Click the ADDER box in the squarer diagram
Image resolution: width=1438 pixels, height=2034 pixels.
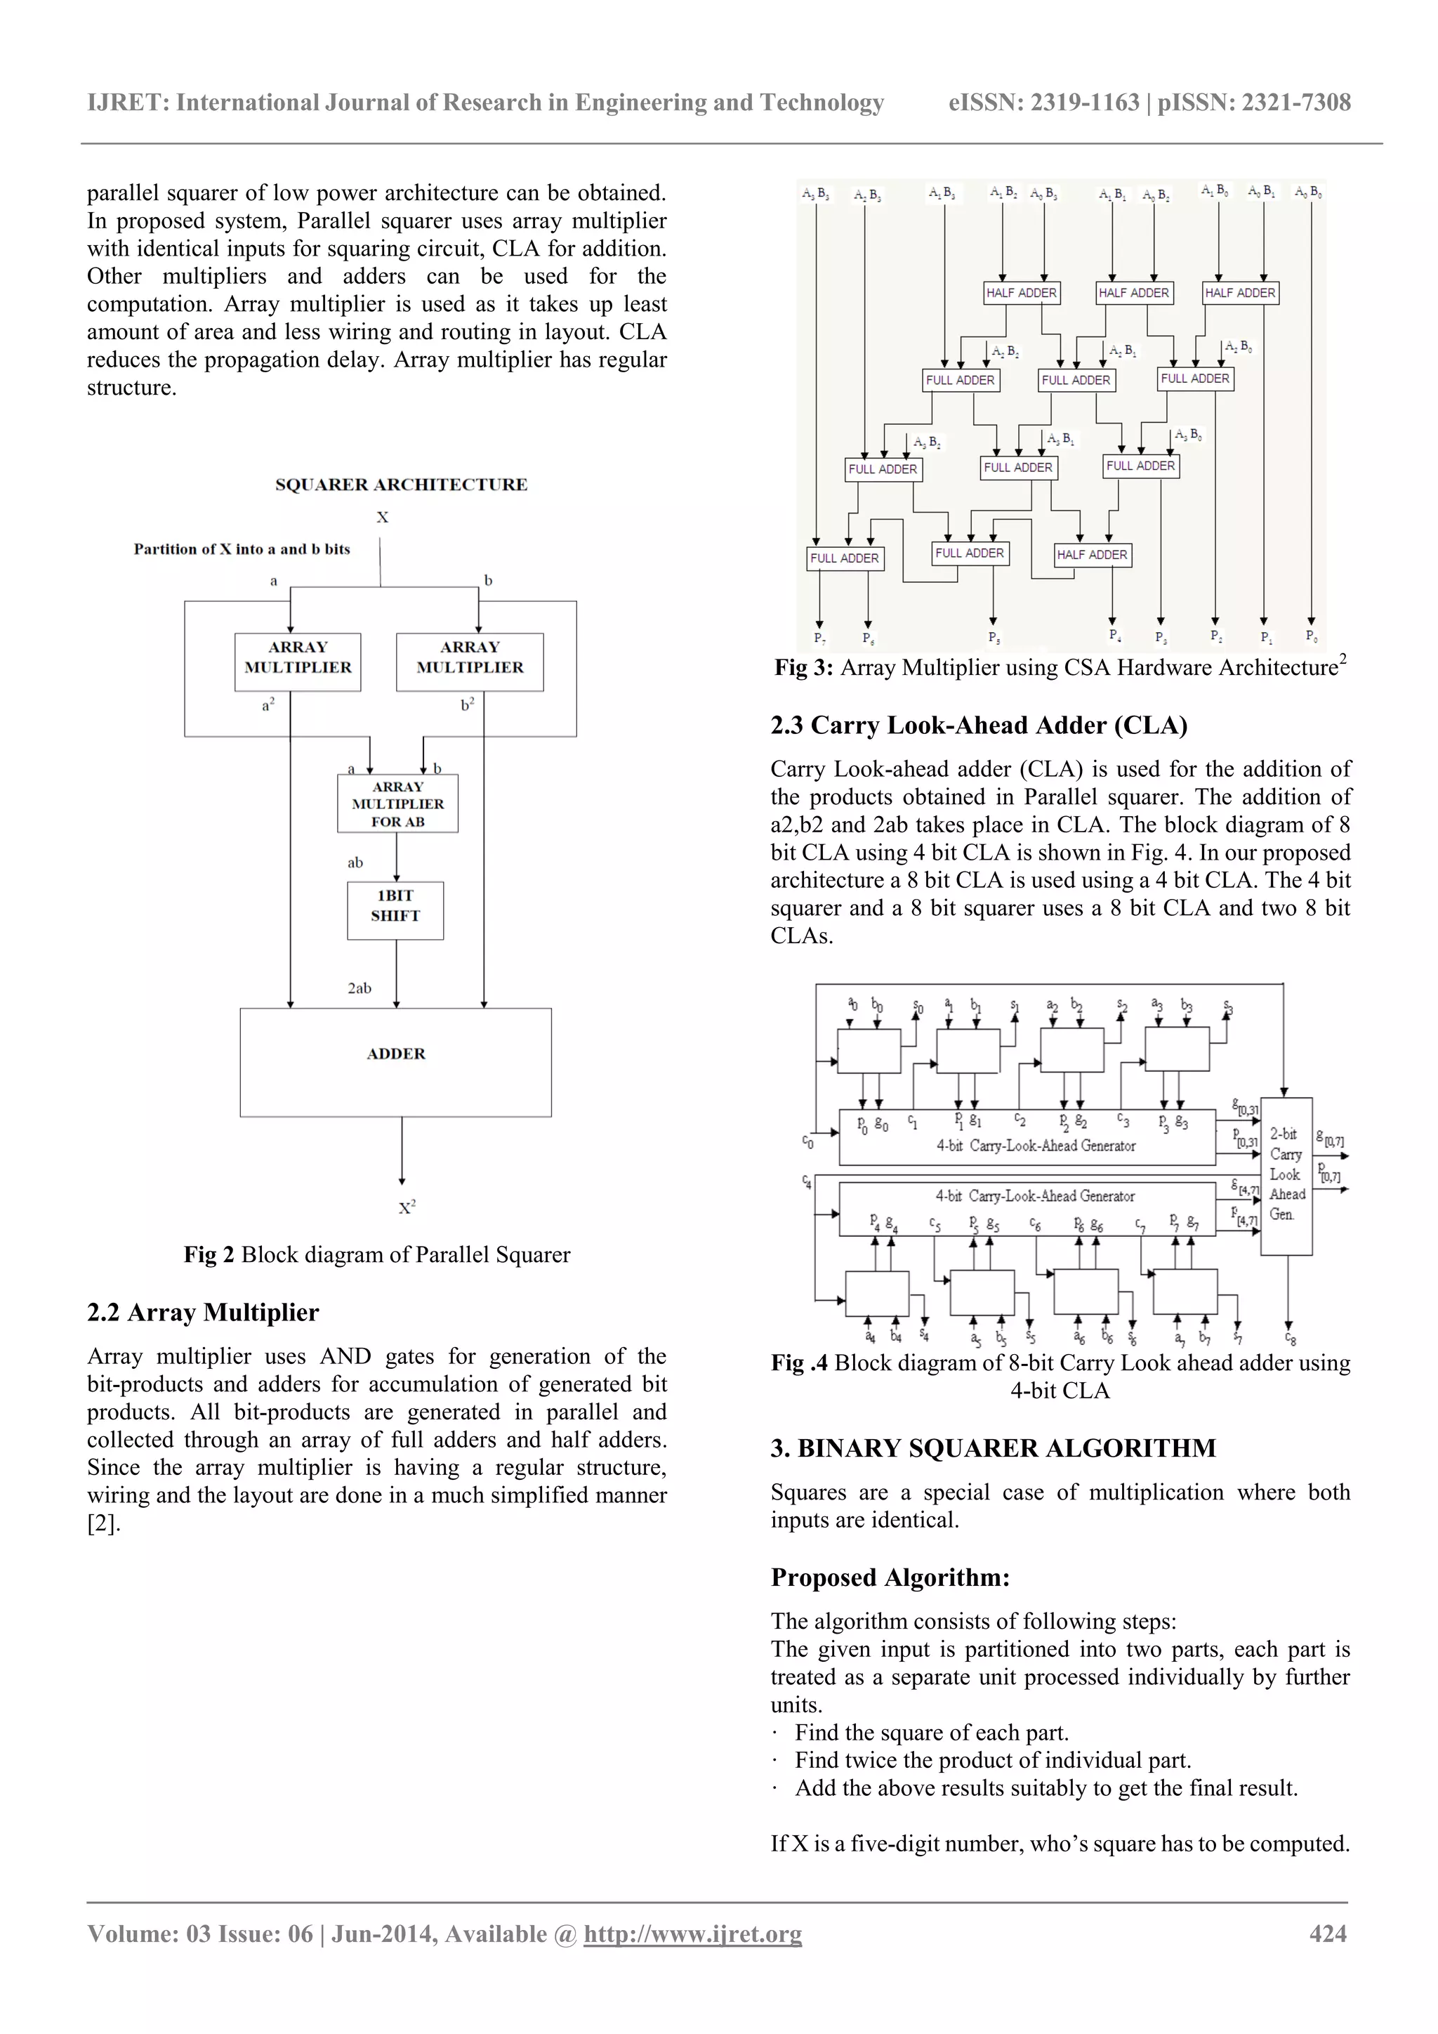396,1061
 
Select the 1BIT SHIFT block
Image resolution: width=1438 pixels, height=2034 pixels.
395,910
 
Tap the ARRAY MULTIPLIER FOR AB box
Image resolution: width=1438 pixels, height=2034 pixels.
397,803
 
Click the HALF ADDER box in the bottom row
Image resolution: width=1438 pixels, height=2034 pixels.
1093,555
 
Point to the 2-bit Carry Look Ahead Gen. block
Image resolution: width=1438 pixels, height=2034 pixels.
1286,1176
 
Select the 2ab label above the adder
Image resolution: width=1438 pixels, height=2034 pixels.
359,988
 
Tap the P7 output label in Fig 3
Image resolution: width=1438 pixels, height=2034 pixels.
820,638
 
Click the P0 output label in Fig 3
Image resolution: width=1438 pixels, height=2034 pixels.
1312,635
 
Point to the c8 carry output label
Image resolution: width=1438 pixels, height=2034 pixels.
1291,1339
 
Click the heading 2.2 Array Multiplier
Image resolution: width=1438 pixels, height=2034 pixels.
203,1312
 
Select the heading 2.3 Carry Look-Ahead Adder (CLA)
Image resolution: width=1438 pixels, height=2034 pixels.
978,726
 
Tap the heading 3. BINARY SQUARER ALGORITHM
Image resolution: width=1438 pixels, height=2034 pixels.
993,1448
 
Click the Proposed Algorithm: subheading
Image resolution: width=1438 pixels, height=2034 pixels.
890,1577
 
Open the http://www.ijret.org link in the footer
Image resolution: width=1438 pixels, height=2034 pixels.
692,1934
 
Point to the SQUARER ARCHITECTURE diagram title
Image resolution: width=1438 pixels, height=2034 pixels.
401,485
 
